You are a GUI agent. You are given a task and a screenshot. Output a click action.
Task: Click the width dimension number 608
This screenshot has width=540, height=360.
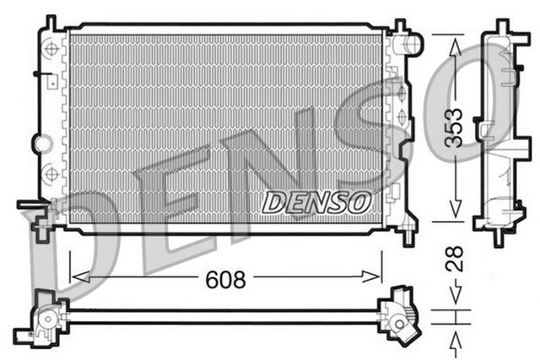click(x=225, y=279)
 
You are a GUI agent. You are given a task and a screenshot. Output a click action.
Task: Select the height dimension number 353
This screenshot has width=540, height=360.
click(x=454, y=126)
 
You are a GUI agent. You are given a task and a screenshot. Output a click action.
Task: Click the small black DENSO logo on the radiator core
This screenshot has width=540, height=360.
click(x=316, y=201)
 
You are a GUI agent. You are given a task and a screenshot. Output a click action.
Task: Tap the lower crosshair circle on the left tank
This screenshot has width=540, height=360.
click(x=52, y=173)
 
